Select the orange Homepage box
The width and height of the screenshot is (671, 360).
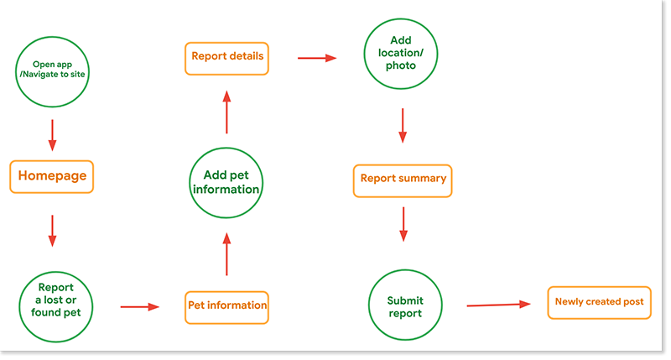(52, 177)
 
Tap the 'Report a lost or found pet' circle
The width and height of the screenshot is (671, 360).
(55, 306)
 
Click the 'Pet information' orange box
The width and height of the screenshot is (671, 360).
(226, 306)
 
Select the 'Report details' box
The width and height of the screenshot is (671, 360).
(227, 57)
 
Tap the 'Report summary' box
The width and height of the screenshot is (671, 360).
(403, 179)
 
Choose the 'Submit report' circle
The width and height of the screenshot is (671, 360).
(404, 306)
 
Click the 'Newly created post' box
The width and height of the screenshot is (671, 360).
(599, 302)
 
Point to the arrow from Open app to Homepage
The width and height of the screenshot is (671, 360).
(52, 133)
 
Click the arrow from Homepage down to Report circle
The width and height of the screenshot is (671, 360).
(52, 231)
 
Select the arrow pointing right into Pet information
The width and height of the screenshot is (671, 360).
(139, 307)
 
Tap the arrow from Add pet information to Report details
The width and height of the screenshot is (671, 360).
(226, 112)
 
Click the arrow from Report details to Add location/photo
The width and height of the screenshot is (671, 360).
(317, 58)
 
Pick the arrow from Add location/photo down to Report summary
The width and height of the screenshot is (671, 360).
(403, 126)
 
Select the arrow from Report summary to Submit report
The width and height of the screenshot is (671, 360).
(403, 224)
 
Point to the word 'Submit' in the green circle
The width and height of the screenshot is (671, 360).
(405, 300)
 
